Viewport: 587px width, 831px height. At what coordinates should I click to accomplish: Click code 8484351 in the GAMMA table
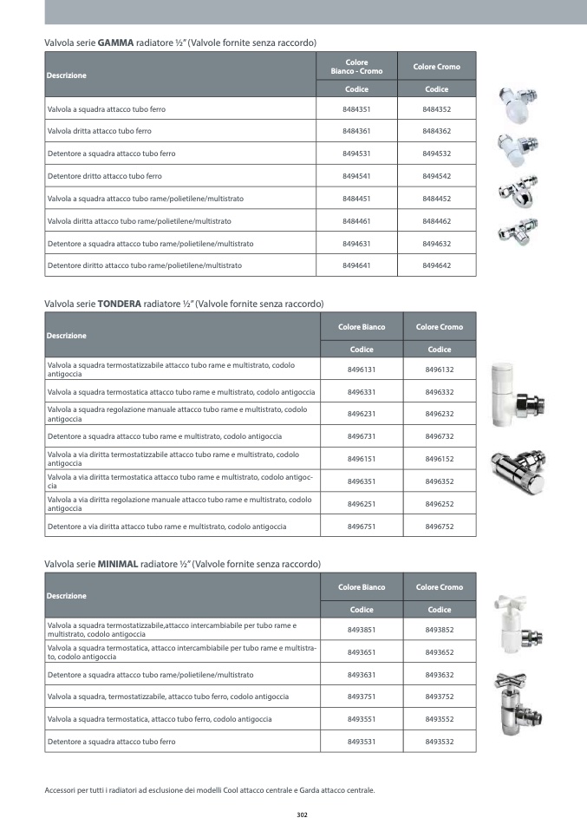(356, 110)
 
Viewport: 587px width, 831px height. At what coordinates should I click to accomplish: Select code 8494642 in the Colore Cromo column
(436, 265)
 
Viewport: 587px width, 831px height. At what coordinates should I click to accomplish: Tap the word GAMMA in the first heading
(116, 43)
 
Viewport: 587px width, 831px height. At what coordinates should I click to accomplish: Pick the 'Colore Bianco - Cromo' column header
(356, 67)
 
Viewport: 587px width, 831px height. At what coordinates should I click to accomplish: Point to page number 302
(302, 815)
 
